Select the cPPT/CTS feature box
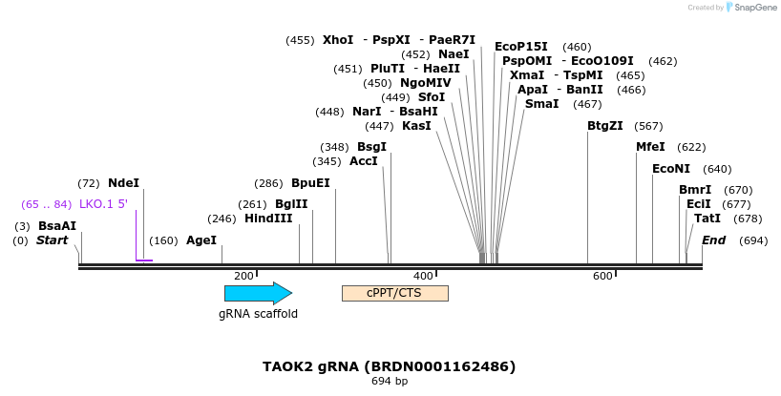[394, 293]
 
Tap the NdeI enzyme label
[123, 183]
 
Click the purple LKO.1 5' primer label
[103, 204]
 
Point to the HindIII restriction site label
[268, 219]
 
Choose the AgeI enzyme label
[201, 240]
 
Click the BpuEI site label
[310, 183]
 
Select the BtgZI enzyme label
[604, 126]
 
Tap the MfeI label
[650, 147]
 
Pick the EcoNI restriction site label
[671, 169]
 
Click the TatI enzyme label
[707, 219]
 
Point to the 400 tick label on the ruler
[423, 276]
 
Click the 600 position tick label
[602, 276]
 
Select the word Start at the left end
[52, 240]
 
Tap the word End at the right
[713, 240]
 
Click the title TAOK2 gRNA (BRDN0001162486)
[389, 366]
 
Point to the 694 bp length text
[389, 382]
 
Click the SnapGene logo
[749, 8]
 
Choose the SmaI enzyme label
[542, 104]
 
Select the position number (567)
[648, 126]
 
